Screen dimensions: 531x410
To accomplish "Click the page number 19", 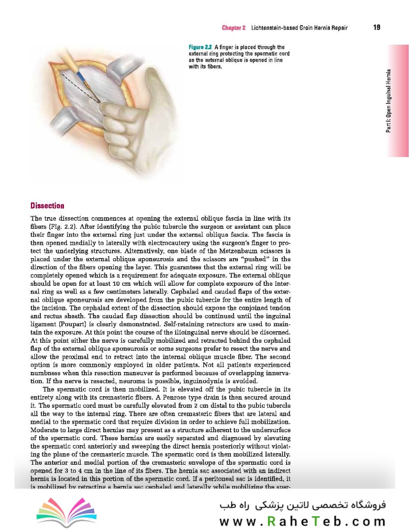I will [377, 28].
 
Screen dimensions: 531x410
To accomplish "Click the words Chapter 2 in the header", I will [233, 28].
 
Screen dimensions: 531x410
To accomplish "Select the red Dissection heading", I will [47, 206].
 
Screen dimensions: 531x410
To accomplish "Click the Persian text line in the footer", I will [303, 505].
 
